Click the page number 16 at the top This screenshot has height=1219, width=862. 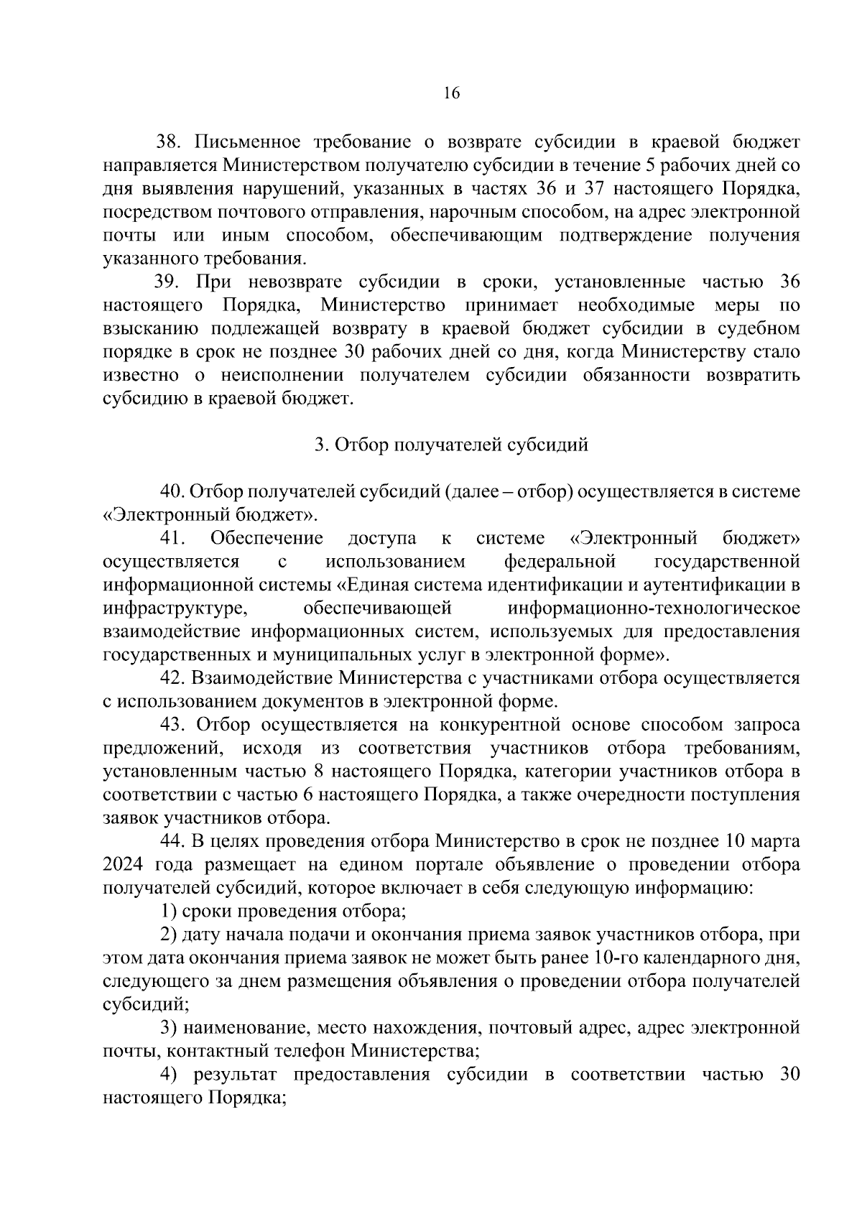(x=451, y=94)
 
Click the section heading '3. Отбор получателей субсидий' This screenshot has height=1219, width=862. (x=451, y=445)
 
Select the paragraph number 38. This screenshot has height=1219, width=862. (x=170, y=142)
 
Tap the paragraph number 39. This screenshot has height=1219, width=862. (x=170, y=282)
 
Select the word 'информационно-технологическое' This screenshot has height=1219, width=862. (x=653, y=609)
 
